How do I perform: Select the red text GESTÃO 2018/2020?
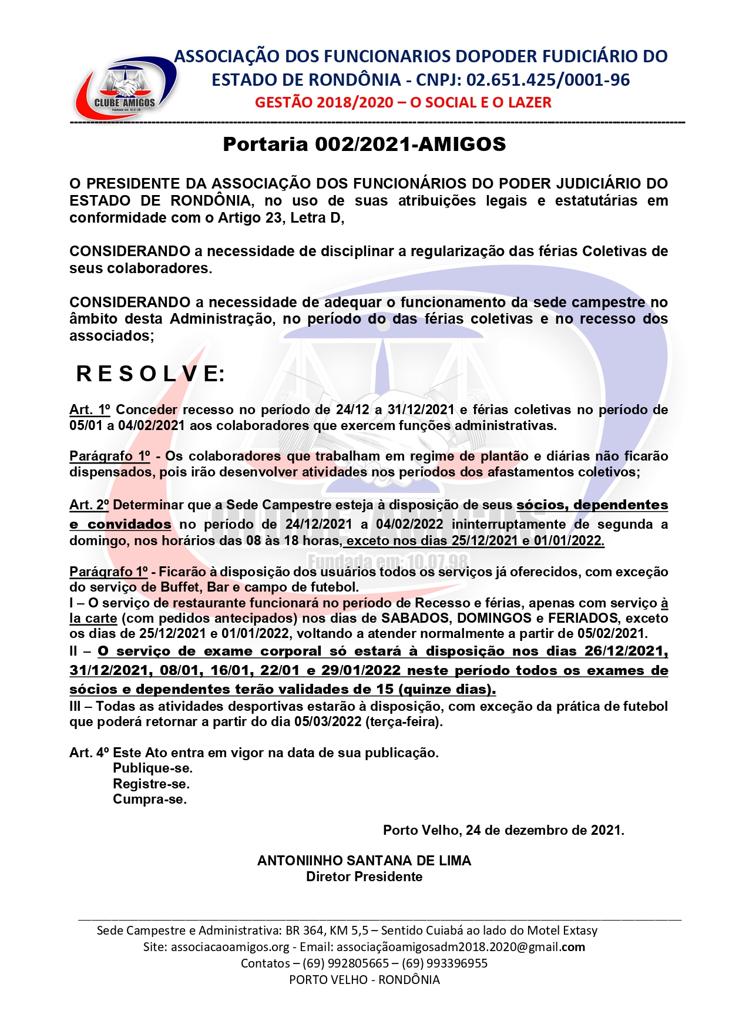tap(324, 102)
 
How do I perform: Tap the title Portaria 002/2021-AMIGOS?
tap(364, 145)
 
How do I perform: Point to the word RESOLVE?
tap(150, 374)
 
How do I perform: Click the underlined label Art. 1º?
tap(89, 409)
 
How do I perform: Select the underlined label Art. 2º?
tap(89, 505)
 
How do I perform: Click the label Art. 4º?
tap(89, 753)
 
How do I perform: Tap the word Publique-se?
tap(153, 768)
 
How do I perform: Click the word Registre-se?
tap(151, 784)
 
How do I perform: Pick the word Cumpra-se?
tap(150, 800)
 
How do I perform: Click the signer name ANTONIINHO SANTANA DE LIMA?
tap(364, 861)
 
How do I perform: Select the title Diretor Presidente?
tap(364, 877)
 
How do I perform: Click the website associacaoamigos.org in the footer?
tap(230, 947)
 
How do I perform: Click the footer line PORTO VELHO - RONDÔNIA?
tap(364, 980)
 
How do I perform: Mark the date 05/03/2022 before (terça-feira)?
tap(328, 722)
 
